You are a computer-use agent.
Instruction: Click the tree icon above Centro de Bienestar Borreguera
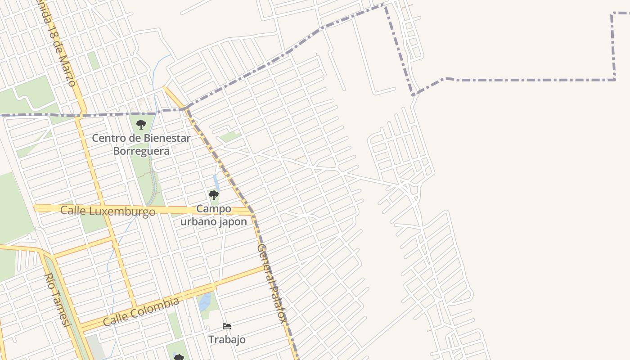[141, 125]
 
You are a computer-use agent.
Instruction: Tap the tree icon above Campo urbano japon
[214, 195]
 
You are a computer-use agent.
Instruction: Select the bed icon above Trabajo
[227, 326]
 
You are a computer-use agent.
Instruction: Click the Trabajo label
[227, 339]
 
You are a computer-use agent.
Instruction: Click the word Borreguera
[141, 151]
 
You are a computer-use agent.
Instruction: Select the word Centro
[107, 138]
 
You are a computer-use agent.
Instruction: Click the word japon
[233, 221]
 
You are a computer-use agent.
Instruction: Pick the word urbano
[198, 221]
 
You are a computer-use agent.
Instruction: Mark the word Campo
[214, 209]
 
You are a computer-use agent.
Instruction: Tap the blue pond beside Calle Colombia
[205, 301]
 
